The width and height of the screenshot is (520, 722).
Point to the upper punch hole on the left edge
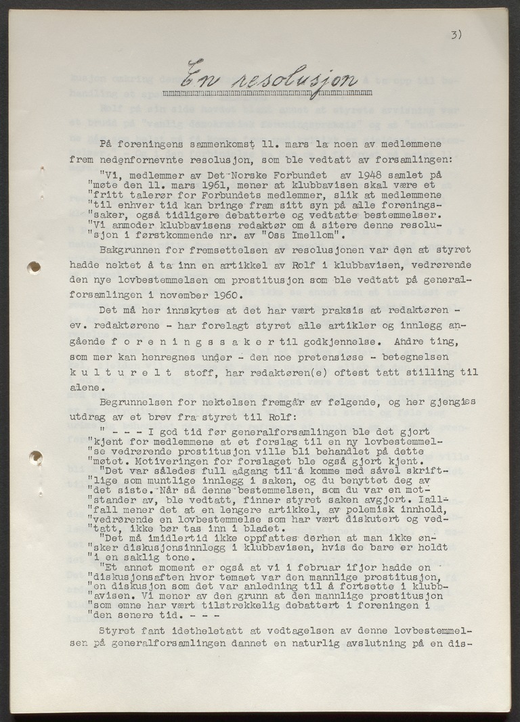click(x=33, y=267)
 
